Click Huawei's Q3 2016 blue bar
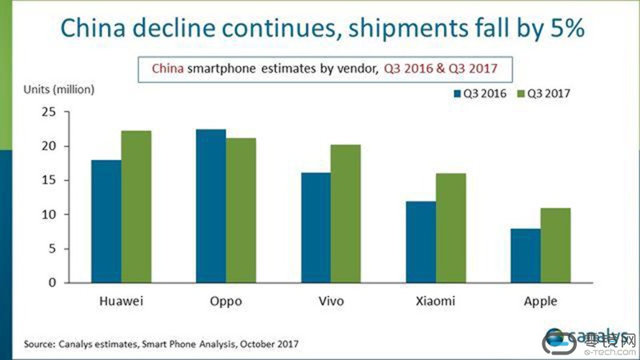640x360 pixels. (107, 222)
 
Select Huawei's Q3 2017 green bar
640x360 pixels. (136, 207)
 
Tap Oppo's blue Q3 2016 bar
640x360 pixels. (210, 206)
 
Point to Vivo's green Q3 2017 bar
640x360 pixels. (345, 214)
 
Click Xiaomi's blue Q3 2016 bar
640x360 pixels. (420, 242)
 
